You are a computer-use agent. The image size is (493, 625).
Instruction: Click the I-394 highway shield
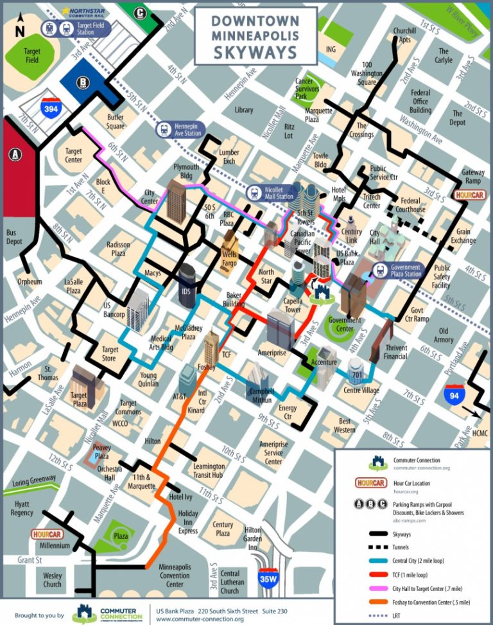click(52, 108)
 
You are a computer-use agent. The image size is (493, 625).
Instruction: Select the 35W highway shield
click(268, 578)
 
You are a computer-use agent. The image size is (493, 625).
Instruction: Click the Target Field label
click(31, 56)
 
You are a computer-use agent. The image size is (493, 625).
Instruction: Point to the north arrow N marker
click(20, 28)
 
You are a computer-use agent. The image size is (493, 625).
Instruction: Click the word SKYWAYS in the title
click(255, 51)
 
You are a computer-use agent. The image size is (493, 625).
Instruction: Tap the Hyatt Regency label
click(22, 508)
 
